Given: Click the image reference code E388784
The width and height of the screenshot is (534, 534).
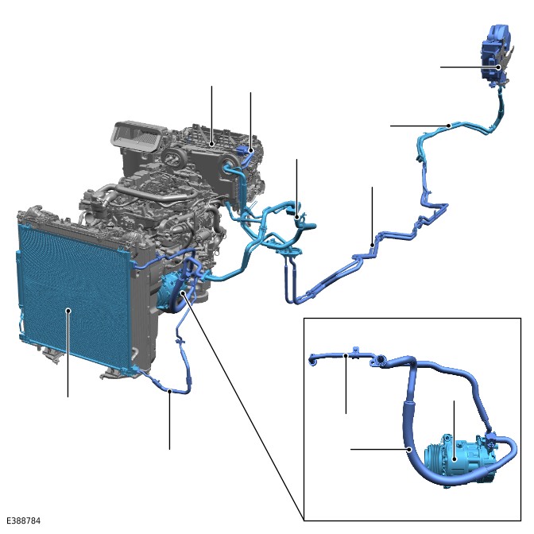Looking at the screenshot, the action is point(24,520).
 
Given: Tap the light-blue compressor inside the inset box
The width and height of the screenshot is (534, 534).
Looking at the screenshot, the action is point(460,460).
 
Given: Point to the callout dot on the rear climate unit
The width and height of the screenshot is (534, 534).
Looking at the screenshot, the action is point(498,67).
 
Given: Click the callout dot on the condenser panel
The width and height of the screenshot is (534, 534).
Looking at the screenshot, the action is point(68,310).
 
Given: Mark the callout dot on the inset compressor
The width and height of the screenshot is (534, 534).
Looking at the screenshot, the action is point(454,459).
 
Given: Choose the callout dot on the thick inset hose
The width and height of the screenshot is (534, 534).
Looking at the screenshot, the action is point(410,450).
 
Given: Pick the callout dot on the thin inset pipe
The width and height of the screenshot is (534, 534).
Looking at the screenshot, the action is point(346,355).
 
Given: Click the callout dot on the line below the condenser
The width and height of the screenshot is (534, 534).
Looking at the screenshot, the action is point(169,391).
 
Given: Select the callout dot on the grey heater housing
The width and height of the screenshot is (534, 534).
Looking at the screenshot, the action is point(212,145).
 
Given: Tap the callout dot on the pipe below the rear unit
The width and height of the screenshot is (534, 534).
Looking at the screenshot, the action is point(449,126).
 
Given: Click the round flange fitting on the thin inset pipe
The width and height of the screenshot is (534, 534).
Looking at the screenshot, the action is point(380,361).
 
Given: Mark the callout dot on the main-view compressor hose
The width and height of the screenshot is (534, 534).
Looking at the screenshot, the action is point(183,292).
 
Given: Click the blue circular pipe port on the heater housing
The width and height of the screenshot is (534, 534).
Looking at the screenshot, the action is point(227,168).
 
